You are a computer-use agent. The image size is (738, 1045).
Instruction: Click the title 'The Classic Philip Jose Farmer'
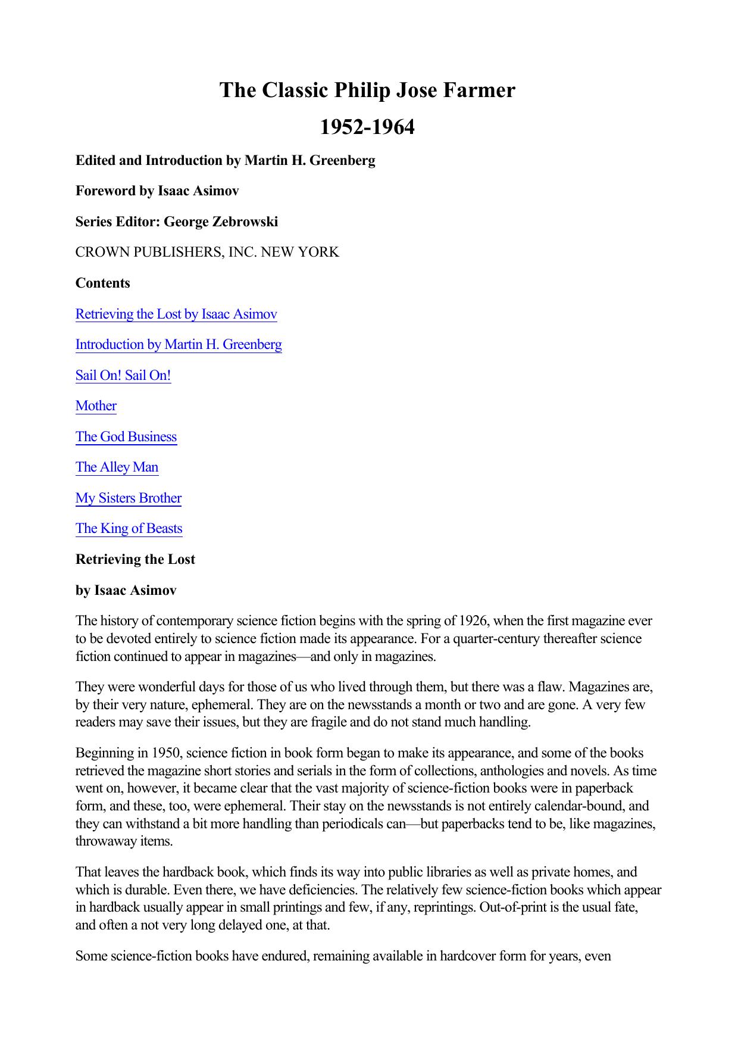367,91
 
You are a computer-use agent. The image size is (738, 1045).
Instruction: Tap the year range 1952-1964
367,127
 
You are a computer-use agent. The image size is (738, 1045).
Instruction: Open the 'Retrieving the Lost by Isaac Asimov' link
176,314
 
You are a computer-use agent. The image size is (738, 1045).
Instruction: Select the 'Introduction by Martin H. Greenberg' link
179,345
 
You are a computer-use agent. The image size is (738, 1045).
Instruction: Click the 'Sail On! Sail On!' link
123,376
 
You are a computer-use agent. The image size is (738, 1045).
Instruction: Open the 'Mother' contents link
96,406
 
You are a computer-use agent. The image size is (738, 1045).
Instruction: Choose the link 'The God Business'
126,437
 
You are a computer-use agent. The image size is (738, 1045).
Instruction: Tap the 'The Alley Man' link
117,467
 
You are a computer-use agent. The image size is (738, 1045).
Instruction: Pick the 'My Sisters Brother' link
129,498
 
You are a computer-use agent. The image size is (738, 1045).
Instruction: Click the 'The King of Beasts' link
129,529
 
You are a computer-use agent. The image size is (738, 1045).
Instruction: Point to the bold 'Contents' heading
102,283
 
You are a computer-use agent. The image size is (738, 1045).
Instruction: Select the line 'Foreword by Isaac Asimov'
157,191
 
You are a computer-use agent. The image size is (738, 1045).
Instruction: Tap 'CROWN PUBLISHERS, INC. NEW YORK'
207,252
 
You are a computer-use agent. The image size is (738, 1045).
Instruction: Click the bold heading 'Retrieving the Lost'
135,560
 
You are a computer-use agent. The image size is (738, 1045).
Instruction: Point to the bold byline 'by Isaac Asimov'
126,591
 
